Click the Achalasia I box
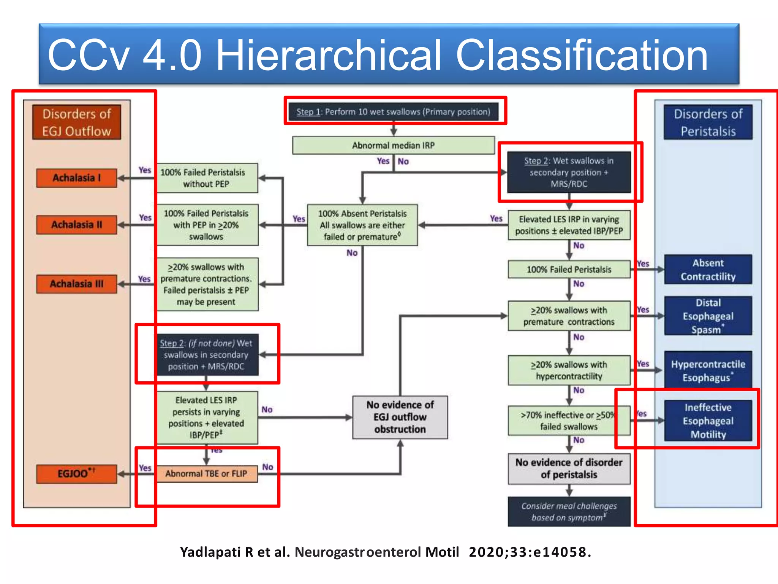pos(76,178)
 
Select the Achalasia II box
pos(76,225)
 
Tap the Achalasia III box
pos(76,284)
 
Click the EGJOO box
pos(76,474)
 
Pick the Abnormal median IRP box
pos(393,145)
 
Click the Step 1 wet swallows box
pos(393,112)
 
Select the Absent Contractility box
pos(708,270)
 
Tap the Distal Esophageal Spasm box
pos(708,316)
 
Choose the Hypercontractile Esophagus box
pos(708,370)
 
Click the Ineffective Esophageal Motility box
pos(708,421)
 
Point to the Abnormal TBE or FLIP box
pos(206,474)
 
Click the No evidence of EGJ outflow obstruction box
pos(400,417)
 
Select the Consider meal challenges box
pos(569,511)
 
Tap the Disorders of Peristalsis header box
pos(708,122)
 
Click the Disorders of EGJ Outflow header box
pos(76,122)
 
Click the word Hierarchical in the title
pos(328,55)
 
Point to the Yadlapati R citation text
pos(385,552)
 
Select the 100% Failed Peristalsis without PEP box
pos(206,178)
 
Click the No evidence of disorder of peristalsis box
pos(569,468)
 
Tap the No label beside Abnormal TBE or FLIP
pos(267,467)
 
